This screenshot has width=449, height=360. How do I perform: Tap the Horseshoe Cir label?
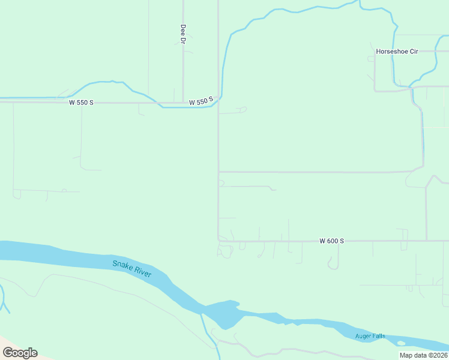tap(397, 52)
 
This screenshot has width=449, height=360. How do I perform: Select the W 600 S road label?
tap(331, 241)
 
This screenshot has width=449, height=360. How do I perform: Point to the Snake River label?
tap(132, 269)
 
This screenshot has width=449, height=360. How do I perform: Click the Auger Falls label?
tap(370, 336)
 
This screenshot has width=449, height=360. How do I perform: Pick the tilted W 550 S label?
tap(201, 102)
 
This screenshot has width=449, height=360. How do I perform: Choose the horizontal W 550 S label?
tap(81, 103)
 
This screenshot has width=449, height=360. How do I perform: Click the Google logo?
tap(20, 353)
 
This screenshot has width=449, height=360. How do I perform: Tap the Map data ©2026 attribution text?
tap(423, 355)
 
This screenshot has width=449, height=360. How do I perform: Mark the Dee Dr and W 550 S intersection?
tap(183, 103)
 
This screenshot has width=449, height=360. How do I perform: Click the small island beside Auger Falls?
tap(401, 343)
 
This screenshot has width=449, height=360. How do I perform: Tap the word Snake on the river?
tap(122, 265)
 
